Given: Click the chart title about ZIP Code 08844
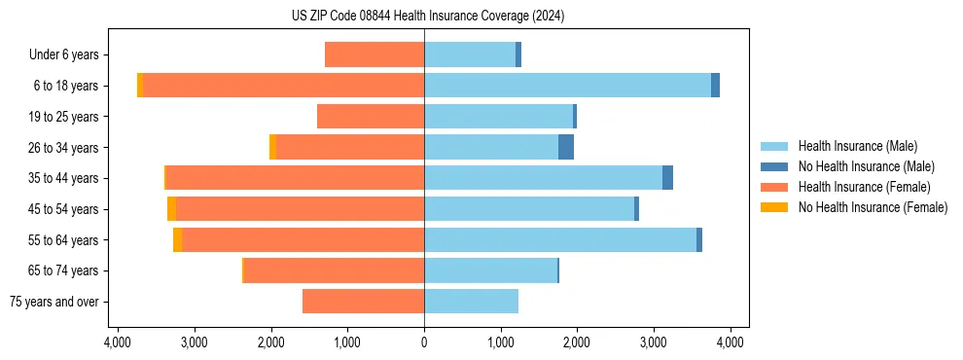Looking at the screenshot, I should coord(427,17).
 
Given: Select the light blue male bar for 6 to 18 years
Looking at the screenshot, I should coord(567,86).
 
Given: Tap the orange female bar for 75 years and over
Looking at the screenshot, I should coord(363,302).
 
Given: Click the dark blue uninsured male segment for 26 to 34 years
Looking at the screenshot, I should coord(565,147).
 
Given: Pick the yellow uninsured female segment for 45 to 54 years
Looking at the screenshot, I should coord(171,209).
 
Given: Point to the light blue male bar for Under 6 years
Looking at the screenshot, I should coord(470,54).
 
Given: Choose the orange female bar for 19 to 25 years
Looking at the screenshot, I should coord(371,117).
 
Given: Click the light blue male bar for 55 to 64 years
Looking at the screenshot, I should coord(560,240).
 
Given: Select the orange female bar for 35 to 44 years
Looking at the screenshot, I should coord(295,178).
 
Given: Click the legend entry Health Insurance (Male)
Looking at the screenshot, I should coord(857,146).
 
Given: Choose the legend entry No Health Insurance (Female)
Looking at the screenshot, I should coord(873,207).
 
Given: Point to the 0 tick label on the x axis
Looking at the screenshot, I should coord(424,342).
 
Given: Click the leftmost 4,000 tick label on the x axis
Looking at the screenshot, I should coord(117,342).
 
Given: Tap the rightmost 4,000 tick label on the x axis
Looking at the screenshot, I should coord(731,342).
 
